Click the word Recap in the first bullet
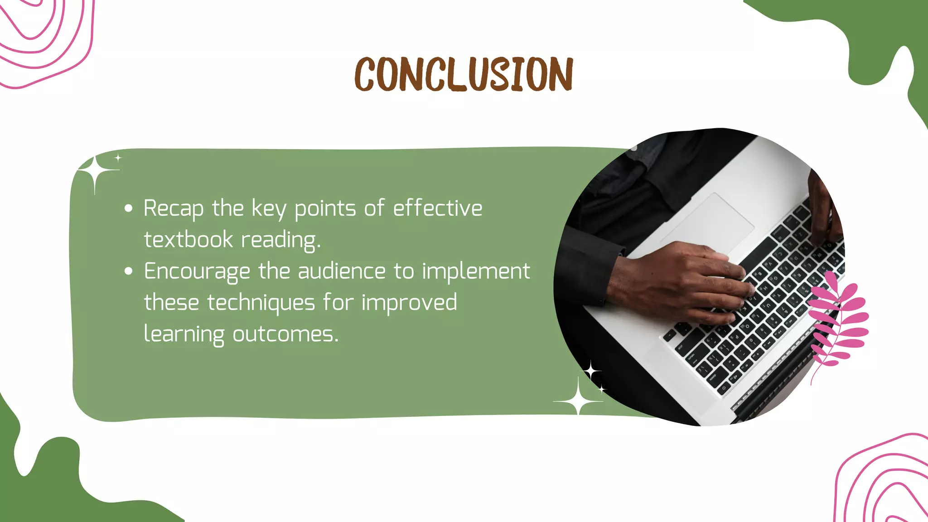174,209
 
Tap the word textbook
188,240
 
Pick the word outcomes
285,334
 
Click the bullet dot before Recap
129,208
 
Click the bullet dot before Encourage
129,271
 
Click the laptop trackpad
707,222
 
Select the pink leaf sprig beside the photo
838,322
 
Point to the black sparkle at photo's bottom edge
591,372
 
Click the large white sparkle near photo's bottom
579,401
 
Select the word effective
437,208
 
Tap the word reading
281,240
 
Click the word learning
184,334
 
